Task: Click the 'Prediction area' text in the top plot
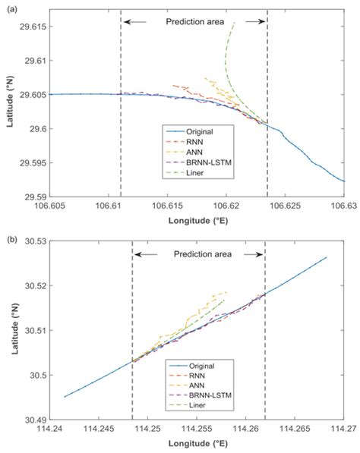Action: (194, 21)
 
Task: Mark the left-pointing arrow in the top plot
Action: (137, 21)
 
